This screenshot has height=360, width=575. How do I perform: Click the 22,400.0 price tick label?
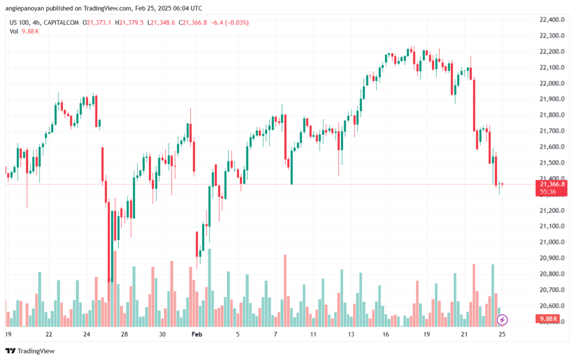[x=552, y=20]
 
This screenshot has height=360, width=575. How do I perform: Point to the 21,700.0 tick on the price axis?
[x=552, y=131]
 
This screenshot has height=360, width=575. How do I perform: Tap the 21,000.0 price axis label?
[x=552, y=242]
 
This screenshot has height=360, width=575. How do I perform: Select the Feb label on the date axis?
[x=197, y=334]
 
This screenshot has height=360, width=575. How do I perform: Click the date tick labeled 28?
[x=124, y=334]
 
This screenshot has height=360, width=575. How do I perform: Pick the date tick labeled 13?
[x=351, y=334]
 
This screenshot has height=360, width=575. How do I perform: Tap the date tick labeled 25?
[x=502, y=334]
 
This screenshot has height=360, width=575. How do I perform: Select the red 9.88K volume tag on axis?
[x=549, y=319]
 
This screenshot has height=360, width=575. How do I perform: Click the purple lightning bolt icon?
[x=502, y=320]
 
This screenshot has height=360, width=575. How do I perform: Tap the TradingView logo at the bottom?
[x=30, y=351]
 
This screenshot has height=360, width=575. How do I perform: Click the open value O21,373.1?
[x=97, y=22]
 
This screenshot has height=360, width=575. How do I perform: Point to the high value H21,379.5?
[x=129, y=22]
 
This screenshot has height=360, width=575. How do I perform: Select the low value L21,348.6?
[x=161, y=22]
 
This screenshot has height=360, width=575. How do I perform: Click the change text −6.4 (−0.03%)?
[x=230, y=22]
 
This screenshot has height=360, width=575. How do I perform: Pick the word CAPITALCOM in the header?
[x=61, y=22]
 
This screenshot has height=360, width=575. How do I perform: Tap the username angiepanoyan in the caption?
[x=23, y=8]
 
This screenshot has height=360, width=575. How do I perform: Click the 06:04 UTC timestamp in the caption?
[x=187, y=8]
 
